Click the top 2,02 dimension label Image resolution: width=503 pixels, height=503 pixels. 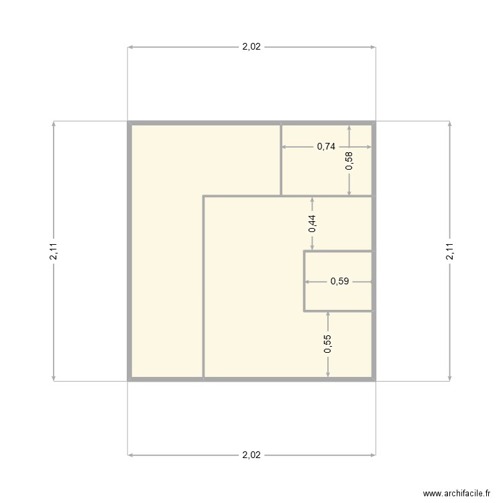(251, 47)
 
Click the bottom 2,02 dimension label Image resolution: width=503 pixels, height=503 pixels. (251, 455)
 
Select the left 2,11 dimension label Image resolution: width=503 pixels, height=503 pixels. (54, 251)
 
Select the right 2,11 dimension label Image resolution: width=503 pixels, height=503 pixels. (449, 251)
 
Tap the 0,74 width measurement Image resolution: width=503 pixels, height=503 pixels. (326, 146)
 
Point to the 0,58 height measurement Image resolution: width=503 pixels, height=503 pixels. (349, 161)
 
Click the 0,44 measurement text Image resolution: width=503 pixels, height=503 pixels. (312, 223)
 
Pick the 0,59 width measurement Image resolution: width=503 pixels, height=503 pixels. (339, 282)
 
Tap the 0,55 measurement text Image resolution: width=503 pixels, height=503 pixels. (327, 344)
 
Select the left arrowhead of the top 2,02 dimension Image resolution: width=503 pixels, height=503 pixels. (130, 47)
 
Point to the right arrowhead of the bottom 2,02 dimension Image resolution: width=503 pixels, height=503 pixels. (373, 455)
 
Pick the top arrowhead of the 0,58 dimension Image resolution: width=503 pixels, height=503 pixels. (349, 127)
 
